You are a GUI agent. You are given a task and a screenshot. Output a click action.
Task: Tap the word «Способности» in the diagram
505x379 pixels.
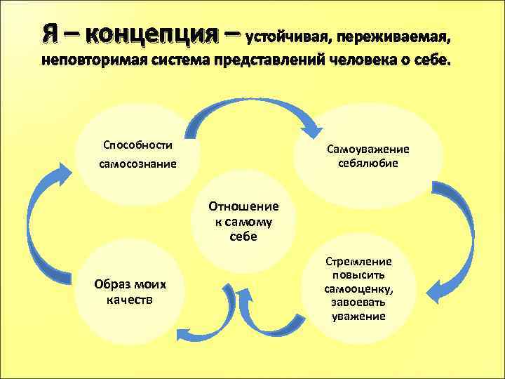coord(137,145)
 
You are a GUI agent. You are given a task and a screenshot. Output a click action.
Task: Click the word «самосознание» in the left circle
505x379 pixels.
coord(137,164)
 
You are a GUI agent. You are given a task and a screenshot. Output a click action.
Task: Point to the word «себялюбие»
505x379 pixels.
coord(368,163)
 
